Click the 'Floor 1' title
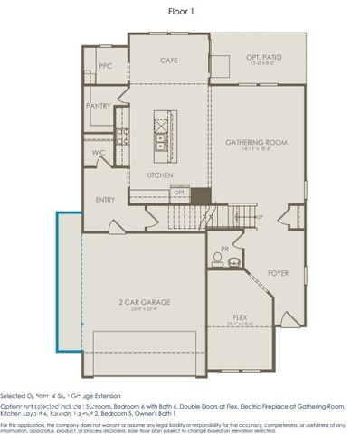(181, 11)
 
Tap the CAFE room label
(168, 60)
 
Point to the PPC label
(105, 65)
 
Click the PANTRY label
(99, 106)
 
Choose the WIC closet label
(99, 153)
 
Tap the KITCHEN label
(160, 175)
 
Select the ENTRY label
(106, 200)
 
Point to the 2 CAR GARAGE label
(145, 302)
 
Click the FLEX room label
(240, 317)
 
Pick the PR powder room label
(223, 247)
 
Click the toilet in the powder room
(217, 259)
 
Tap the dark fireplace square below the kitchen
(201, 194)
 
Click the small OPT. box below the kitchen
(179, 193)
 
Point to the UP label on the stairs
(261, 218)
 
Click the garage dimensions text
(145, 310)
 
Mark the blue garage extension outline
(56, 280)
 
